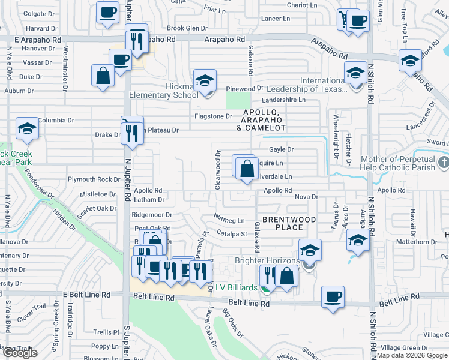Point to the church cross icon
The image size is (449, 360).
443,163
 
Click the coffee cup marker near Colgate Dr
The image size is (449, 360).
107,13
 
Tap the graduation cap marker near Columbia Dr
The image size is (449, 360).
27,128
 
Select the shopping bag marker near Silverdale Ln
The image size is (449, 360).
247,169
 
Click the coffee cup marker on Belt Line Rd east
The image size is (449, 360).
333,296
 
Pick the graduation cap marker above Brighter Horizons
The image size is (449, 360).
310,250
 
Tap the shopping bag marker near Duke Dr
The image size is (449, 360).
103,76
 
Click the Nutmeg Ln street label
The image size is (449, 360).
229,220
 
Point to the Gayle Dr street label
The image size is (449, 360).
281,149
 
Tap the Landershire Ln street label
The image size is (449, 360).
284,100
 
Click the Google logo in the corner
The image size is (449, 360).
20,353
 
